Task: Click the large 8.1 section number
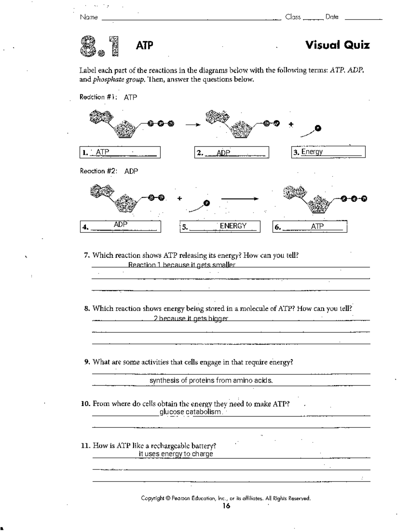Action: tap(100, 46)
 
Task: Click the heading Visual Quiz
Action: tap(337, 45)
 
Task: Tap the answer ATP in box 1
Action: tap(102, 152)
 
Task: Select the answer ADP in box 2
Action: tap(223, 153)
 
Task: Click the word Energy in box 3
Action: tap(312, 151)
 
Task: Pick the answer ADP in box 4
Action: tap(121, 225)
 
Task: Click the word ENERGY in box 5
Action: tap(233, 226)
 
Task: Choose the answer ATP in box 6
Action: tap(317, 226)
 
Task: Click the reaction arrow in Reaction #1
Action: tap(193, 124)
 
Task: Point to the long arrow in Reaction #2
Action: tap(240, 199)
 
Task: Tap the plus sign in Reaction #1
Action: tap(291, 124)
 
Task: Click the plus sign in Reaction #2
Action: tap(179, 198)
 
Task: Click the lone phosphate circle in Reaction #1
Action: tap(318, 128)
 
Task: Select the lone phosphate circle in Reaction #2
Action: tap(206, 203)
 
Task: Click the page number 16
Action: tap(226, 506)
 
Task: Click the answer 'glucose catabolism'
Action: tap(190, 412)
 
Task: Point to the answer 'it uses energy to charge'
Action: tap(176, 454)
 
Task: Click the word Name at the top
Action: tap(89, 17)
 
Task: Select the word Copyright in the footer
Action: tap(153, 498)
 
